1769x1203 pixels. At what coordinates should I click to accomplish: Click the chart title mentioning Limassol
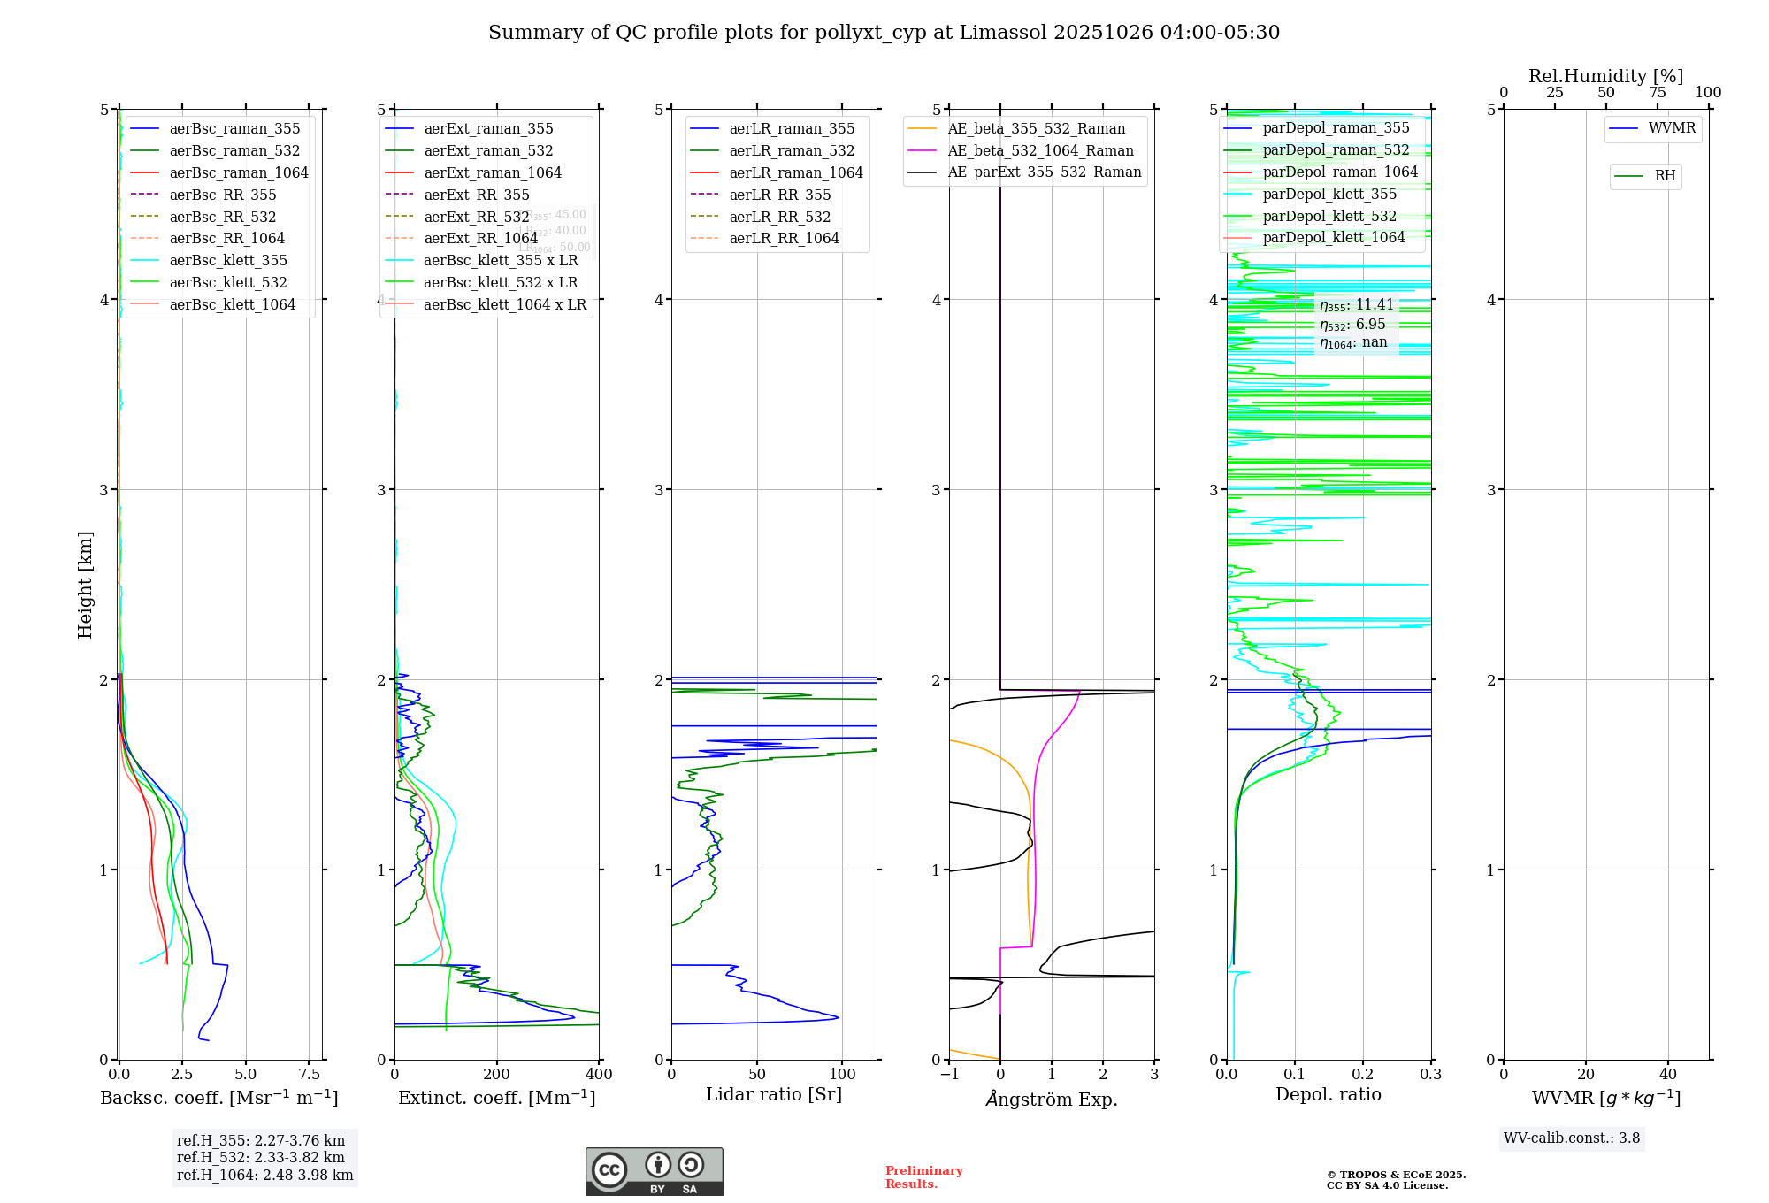coord(884,33)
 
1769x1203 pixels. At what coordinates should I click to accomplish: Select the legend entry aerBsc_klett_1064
coord(232,304)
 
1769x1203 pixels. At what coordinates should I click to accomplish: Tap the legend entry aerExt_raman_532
coord(488,150)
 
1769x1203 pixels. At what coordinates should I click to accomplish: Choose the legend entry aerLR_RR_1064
coord(784,238)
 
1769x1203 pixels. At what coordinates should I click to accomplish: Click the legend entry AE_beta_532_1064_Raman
coord(1040,150)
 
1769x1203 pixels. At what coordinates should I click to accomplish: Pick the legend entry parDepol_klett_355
coord(1329,194)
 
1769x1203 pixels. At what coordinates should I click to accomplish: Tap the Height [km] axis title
coord(85,584)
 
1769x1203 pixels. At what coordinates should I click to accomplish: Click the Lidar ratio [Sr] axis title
coord(774,1094)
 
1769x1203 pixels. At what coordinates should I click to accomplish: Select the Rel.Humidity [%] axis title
coord(1605,76)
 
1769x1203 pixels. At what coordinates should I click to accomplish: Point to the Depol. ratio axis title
coord(1328,1094)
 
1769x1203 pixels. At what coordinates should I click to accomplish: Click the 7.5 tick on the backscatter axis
coord(309,1075)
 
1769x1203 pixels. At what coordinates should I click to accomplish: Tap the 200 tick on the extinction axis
coord(496,1075)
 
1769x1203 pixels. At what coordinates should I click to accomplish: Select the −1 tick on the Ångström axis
coord(949,1075)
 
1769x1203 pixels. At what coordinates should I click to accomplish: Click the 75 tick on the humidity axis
coord(1657,93)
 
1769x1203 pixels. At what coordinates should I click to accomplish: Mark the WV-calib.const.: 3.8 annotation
coord(1571,1138)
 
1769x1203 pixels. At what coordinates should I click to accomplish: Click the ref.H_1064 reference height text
coord(264,1176)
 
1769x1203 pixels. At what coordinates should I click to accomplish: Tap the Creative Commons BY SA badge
coord(654,1171)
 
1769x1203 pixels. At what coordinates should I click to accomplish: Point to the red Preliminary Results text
coord(923,1177)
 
